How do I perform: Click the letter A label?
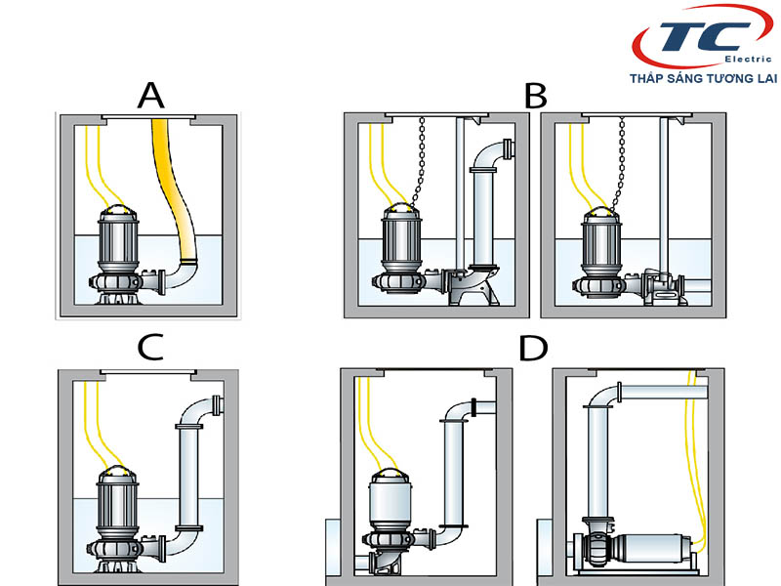coord(150,95)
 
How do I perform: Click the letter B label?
coord(535,96)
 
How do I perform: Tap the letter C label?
coord(150,349)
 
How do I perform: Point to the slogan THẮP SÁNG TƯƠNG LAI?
coord(700,79)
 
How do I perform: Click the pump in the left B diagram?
coord(398,249)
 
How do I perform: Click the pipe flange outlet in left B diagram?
coord(509,148)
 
